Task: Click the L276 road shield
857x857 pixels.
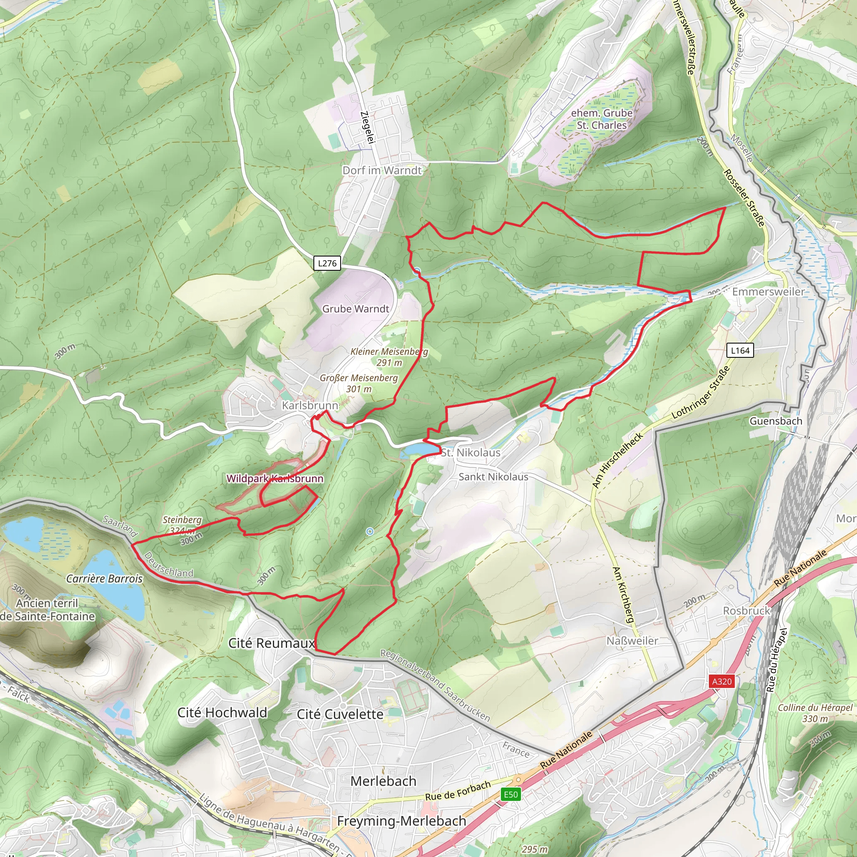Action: pyautogui.click(x=327, y=263)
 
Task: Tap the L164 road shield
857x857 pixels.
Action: pyautogui.click(x=740, y=350)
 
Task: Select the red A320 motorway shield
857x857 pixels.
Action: pyautogui.click(x=721, y=681)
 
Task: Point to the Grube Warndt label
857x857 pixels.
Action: pyautogui.click(x=355, y=309)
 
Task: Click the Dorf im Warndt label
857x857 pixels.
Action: pyautogui.click(x=382, y=170)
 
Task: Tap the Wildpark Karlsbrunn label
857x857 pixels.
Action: pyautogui.click(x=275, y=479)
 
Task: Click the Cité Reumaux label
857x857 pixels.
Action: pyautogui.click(x=272, y=643)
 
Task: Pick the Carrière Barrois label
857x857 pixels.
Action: pyautogui.click(x=104, y=578)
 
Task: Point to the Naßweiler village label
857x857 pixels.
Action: pyautogui.click(x=632, y=641)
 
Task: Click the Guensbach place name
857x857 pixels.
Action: pyautogui.click(x=776, y=421)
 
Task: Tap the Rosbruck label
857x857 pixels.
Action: pyautogui.click(x=747, y=611)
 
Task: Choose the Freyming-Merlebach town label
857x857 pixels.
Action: pyautogui.click(x=401, y=821)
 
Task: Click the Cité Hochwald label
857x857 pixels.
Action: pyautogui.click(x=222, y=713)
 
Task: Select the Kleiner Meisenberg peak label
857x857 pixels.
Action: pyautogui.click(x=390, y=352)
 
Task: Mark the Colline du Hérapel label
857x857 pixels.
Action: pyautogui.click(x=815, y=708)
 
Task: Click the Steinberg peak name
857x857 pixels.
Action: pyautogui.click(x=182, y=520)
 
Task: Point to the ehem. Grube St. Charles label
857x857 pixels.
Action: pyautogui.click(x=601, y=119)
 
